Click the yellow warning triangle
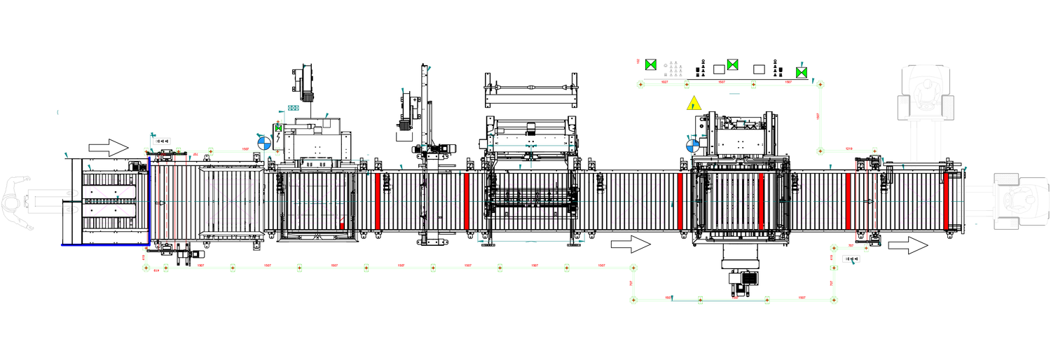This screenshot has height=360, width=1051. (694, 104)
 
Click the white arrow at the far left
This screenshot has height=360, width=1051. (108, 147)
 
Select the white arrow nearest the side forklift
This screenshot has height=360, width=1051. (907, 246)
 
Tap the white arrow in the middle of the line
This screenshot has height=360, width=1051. (631, 244)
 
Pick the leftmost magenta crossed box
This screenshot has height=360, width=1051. (112, 201)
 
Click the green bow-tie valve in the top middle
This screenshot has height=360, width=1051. (733, 64)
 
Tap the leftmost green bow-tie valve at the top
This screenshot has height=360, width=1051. (651, 64)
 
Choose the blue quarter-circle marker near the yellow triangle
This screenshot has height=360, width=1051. (693, 146)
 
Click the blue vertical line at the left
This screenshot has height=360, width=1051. (149, 200)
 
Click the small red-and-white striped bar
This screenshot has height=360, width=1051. (342, 223)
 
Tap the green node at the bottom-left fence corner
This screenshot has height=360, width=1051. (146, 268)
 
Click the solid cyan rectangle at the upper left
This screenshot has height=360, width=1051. (294, 107)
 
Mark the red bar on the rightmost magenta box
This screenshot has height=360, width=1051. (946, 201)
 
